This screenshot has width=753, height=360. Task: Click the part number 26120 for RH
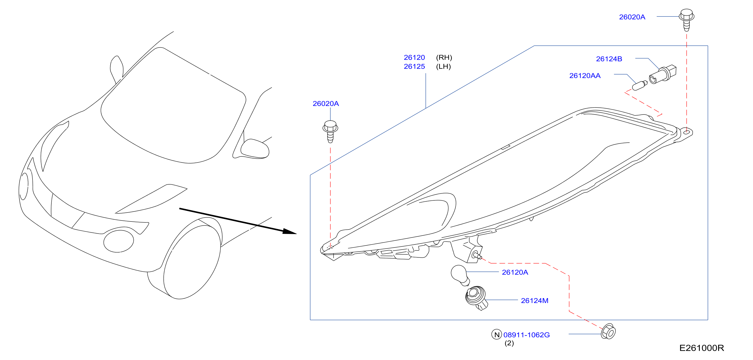coord(414,57)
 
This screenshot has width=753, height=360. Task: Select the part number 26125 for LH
coord(414,66)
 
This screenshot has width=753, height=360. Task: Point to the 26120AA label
coord(585,75)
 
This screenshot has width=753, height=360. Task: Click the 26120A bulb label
coord(515,272)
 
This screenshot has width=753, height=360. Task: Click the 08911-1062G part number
coord(526,335)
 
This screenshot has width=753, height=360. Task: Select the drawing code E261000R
coord(702,348)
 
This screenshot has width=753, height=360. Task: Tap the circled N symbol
coord(497,335)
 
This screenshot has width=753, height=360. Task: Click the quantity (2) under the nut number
coord(509,343)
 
